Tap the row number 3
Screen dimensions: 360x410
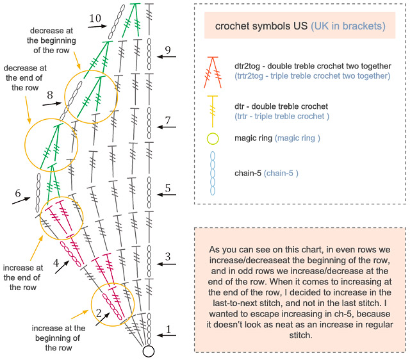[168, 257]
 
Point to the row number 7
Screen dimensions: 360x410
[168, 120]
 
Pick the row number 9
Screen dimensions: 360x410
[168, 49]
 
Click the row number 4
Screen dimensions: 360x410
[56, 263]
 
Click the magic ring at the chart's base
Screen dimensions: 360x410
[149, 350]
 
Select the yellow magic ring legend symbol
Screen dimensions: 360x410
[213, 138]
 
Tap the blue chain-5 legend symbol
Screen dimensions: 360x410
[213, 173]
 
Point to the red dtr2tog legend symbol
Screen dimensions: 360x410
[213, 70]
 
